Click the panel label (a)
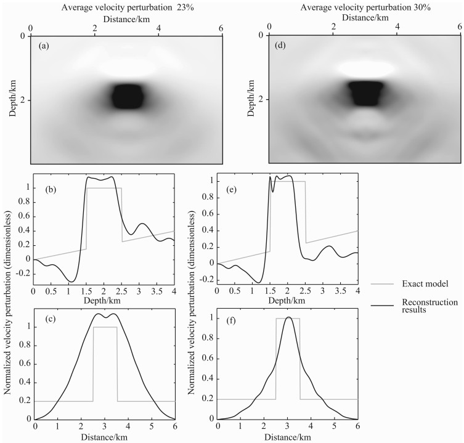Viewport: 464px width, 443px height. pos(44,46)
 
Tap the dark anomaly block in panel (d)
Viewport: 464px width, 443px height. pos(365,93)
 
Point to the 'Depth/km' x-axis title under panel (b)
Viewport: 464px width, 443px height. pos(103,300)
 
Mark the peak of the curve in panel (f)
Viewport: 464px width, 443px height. pos(288,317)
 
